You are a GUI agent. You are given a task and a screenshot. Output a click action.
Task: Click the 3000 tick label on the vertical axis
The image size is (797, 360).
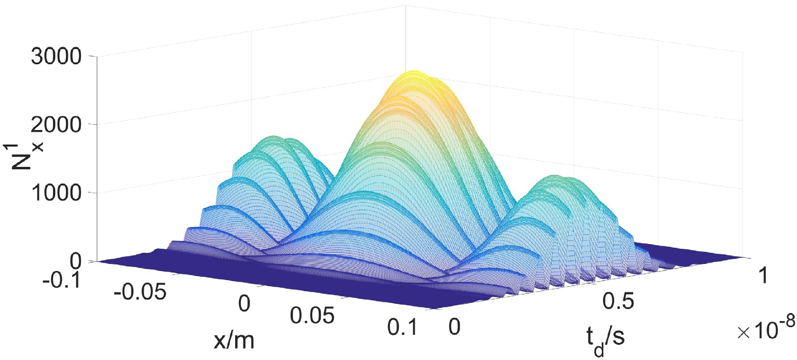tap(56, 57)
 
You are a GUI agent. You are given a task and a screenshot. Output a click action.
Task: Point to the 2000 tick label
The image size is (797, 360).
tap(56, 124)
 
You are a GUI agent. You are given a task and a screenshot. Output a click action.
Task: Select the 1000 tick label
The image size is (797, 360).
tap(56, 193)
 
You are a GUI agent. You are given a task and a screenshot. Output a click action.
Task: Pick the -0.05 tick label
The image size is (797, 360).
tap(140, 292)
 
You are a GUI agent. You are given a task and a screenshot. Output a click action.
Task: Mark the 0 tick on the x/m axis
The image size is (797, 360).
tap(244, 304)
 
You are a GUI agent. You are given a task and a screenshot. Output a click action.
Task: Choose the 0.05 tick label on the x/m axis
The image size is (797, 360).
tap(313, 316)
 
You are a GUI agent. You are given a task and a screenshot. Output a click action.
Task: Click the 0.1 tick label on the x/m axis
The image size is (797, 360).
tap(403, 328)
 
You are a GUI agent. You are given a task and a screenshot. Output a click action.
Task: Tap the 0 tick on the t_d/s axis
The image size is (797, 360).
tap(455, 328)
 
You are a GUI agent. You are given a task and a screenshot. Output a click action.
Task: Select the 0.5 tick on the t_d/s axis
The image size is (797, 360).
tap(618, 301)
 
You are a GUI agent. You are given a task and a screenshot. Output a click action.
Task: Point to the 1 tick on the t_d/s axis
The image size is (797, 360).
tap(761, 276)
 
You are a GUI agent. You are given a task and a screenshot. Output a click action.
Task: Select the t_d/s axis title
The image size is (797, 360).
tap(603, 337)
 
